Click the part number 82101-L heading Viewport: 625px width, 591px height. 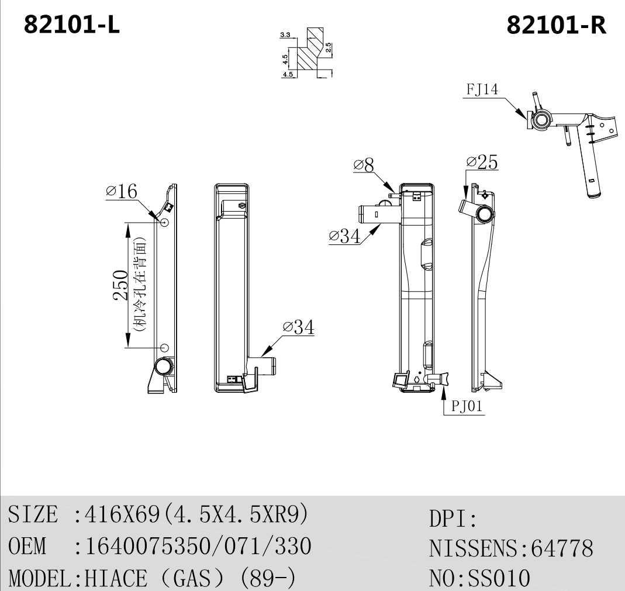click(72, 25)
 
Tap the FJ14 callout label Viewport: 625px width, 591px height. click(482, 89)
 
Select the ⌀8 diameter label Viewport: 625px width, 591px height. click(364, 165)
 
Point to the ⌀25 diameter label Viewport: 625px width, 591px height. click(482, 162)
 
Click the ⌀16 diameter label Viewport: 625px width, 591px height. click(122, 191)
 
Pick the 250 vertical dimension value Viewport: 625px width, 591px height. click(121, 285)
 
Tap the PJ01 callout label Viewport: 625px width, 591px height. click(467, 406)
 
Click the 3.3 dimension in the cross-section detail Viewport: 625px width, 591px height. click(285, 35)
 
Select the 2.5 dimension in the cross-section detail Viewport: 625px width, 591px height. click(328, 48)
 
